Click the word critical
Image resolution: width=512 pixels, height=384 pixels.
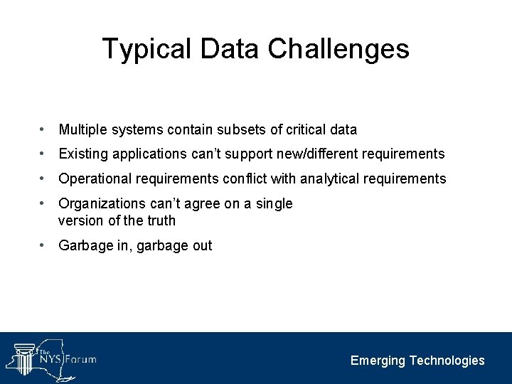tap(306, 130)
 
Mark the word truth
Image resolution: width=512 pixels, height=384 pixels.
tap(160, 220)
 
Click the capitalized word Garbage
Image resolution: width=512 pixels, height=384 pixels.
tap(85, 246)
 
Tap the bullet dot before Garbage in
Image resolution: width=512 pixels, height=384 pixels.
tap(44, 245)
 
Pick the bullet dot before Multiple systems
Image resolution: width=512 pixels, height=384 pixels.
tap(44, 129)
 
